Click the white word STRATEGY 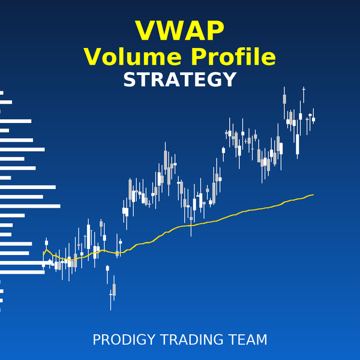point(179,80)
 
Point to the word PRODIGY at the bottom point(124,340)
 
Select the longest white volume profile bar point(30,206)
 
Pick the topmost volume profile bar point(2,92)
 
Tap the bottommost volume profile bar point(1,310)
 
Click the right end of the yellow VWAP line point(313,194)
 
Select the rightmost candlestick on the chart point(313,119)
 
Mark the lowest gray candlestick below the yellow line point(114,290)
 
